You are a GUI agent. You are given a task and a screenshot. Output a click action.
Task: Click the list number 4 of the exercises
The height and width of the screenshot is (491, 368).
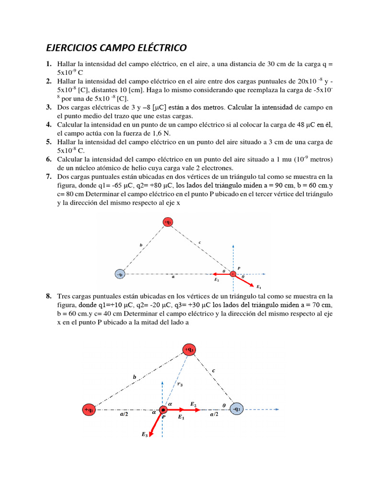coord(49,125)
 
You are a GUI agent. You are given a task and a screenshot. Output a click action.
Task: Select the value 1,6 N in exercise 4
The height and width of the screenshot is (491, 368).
coord(155,133)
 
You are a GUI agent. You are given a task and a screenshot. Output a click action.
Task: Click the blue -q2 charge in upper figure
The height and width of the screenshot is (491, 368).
coord(120,274)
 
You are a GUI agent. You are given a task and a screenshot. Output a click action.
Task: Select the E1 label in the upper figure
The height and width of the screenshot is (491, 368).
coord(259,287)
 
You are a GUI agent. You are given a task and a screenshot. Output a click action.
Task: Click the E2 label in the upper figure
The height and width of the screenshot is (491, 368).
coord(217,280)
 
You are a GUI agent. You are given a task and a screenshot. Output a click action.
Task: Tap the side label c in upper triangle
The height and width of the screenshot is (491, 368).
coord(199,243)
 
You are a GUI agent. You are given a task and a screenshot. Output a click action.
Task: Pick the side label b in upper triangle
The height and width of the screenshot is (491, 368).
coord(141,245)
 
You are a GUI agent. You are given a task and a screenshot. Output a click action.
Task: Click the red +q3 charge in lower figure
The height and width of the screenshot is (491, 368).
coord(189,350)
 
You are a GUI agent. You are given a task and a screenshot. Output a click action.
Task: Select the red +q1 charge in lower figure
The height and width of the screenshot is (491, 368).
coord(89,410)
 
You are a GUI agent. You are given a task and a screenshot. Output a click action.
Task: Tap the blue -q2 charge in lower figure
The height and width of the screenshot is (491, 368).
coord(238,409)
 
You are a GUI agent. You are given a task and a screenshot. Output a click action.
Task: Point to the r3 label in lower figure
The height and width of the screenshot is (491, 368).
coord(179,384)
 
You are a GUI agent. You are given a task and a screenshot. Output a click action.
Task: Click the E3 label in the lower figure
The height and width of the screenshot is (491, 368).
coord(144,434)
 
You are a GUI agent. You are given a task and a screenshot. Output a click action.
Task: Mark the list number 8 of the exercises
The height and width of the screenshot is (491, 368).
coord(49,296)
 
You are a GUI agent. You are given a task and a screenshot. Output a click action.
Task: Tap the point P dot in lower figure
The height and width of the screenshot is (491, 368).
coord(163,410)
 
